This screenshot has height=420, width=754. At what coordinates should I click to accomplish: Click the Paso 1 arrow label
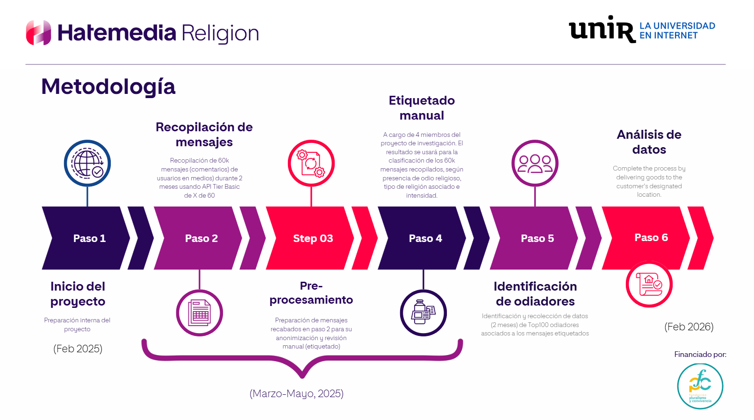click(x=89, y=238)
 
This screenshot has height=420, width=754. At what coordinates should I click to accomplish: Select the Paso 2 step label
click(x=201, y=238)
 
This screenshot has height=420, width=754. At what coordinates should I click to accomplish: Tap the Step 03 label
click(x=313, y=238)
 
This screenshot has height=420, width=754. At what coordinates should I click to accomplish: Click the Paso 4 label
click(x=425, y=238)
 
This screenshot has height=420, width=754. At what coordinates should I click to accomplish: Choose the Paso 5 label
click(x=537, y=238)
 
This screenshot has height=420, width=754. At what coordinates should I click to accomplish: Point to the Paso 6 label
click(x=651, y=237)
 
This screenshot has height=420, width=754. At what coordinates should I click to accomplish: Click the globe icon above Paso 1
click(x=87, y=163)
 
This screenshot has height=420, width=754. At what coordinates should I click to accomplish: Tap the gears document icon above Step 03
click(x=311, y=163)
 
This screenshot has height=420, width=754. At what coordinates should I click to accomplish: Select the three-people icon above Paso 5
click(x=535, y=163)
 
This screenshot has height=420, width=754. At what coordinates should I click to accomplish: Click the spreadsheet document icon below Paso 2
click(x=200, y=313)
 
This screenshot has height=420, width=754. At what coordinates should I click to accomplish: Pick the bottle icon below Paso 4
click(x=423, y=313)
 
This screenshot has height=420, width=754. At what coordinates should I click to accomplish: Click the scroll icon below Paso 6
click(x=649, y=284)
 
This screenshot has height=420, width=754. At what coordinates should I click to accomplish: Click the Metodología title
click(x=108, y=87)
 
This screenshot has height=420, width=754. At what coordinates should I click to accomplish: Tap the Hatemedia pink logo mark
click(x=38, y=33)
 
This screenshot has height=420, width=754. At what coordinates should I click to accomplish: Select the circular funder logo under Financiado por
click(x=700, y=386)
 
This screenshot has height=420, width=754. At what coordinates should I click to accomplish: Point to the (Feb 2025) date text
click(x=78, y=349)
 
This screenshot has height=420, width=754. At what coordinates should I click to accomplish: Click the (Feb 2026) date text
click(x=689, y=327)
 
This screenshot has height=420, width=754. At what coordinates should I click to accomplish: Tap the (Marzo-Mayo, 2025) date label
click(x=296, y=393)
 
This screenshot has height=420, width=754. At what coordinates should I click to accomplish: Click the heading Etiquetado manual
click(x=422, y=108)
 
